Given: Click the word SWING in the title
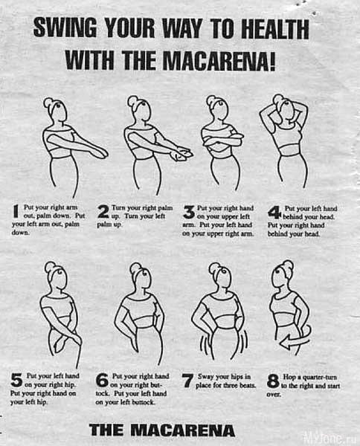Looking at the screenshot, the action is pyautogui.click(x=65, y=28).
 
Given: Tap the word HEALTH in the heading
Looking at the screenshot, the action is pyautogui.click(x=275, y=29).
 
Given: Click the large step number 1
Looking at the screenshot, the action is pyautogui.click(x=16, y=211).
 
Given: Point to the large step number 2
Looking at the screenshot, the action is pyautogui.click(x=103, y=212).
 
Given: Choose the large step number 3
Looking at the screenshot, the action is pyautogui.click(x=189, y=212).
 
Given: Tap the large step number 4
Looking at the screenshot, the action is pyautogui.click(x=274, y=213).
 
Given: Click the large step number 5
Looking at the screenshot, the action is pyautogui.click(x=16, y=380).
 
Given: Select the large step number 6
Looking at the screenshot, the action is pyautogui.click(x=102, y=381).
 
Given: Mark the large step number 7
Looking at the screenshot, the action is pyautogui.click(x=187, y=381).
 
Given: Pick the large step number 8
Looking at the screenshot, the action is pyautogui.click(x=273, y=381).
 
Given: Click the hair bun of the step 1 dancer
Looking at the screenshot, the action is pyautogui.click(x=48, y=102).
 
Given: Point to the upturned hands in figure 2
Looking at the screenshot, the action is pyautogui.click(x=182, y=155).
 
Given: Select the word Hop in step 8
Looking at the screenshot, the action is pyautogui.click(x=289, y=377).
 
